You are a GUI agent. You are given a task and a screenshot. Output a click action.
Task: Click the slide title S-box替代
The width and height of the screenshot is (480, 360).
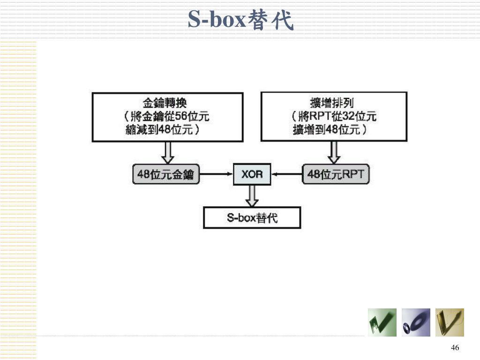240,20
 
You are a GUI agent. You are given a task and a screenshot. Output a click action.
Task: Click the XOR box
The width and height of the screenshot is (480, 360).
252,175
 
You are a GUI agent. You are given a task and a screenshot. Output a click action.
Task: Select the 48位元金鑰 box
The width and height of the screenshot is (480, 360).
165,175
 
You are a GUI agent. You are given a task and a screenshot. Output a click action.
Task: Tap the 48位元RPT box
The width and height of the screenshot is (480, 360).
336,175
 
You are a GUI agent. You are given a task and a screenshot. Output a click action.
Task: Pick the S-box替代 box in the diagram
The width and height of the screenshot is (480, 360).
252,218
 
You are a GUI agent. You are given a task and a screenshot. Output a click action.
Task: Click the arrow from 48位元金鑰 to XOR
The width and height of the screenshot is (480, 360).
216,175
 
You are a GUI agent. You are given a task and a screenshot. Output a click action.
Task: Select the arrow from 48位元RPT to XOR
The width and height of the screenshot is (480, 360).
287,175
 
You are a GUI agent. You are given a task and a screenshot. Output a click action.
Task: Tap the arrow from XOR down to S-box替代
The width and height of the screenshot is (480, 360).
252,195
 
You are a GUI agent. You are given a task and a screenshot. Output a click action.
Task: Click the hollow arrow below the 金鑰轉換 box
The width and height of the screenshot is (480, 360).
167,152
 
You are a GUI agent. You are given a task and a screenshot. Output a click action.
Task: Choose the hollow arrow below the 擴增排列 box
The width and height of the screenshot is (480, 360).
334,152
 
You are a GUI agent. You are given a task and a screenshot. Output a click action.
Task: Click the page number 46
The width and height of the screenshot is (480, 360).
455,347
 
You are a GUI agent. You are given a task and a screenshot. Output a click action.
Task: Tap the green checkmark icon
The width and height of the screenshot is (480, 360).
382,322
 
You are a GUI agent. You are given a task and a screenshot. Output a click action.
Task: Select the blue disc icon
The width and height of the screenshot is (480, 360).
416,322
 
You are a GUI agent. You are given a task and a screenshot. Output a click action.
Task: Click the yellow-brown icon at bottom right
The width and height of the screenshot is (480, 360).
450,322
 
